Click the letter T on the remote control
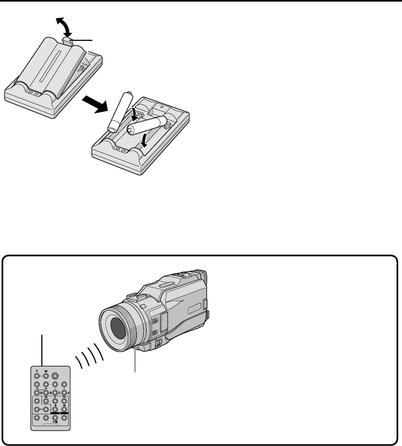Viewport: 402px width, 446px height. point(37,370)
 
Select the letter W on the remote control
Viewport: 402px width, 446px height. point(46,370)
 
